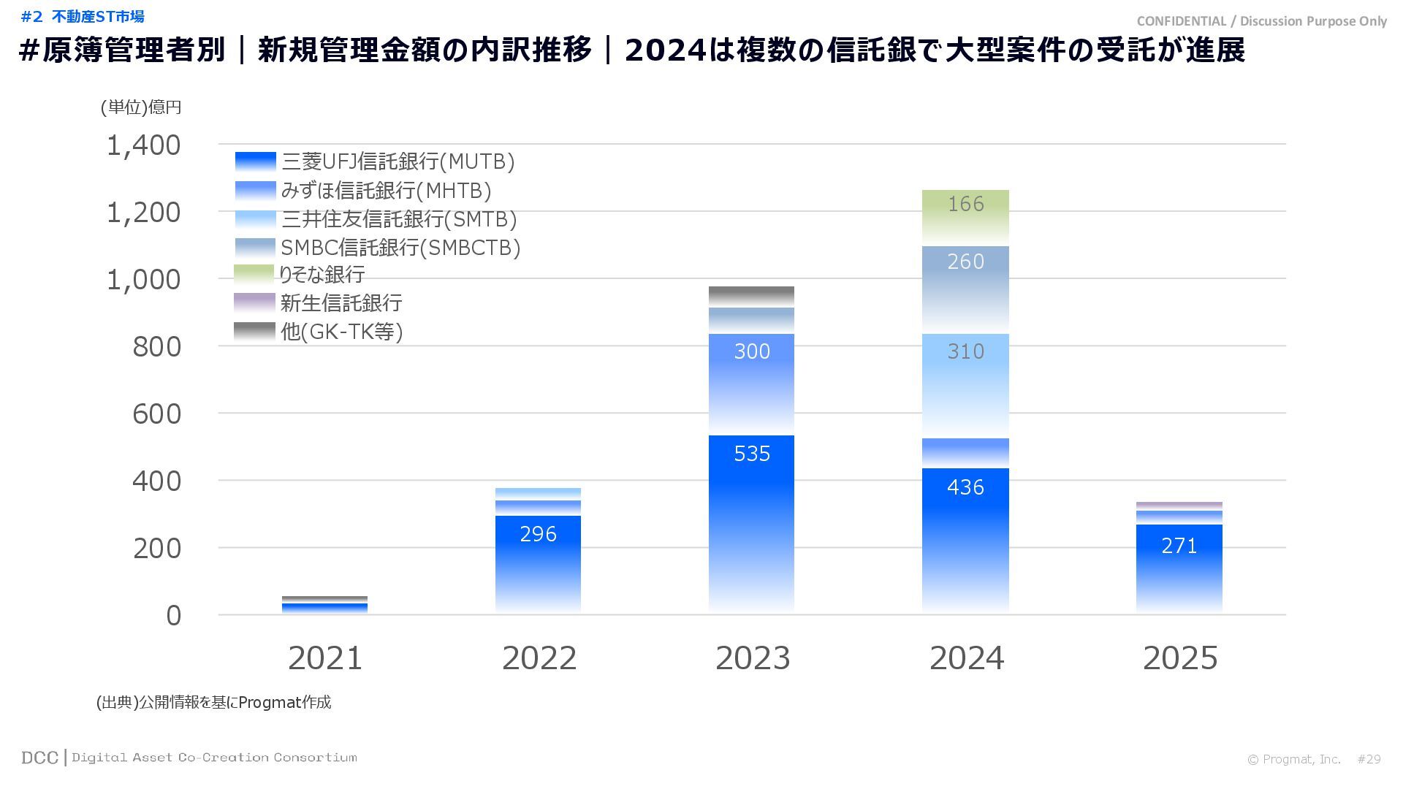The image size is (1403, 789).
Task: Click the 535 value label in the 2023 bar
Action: [752, 454]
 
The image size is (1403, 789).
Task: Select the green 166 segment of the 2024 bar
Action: [965, 216]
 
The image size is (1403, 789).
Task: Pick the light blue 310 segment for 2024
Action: [965, 384]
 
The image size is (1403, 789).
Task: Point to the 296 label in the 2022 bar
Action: [538, 534]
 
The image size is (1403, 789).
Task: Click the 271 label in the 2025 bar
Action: [1179, 546]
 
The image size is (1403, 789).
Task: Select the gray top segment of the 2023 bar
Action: [751, 296]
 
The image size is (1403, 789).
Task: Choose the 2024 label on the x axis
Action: [966, 658]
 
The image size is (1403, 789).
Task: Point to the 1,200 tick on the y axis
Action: [143, 213]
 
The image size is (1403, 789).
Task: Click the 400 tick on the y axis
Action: [156, 481]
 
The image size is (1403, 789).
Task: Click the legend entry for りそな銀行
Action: [322, 275]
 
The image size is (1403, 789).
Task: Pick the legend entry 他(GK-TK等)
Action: [341, 332]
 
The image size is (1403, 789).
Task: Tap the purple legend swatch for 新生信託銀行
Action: [254, 302]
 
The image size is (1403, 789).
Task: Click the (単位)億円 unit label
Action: [141, 107]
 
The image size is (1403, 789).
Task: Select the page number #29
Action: [1369, 759]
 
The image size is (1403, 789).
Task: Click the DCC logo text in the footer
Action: [39, 758]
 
